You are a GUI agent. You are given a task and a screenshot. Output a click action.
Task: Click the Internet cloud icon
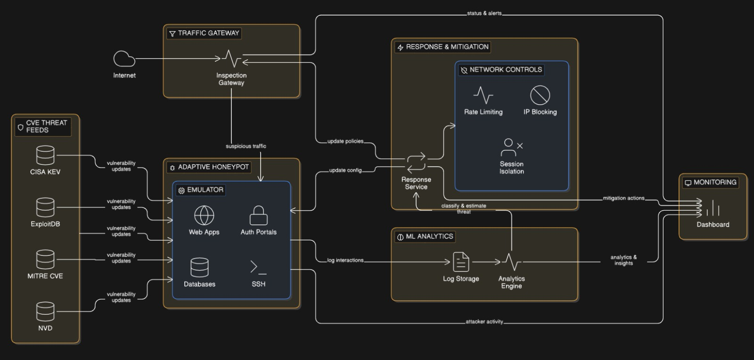pyautogui.click(x=124, y=59)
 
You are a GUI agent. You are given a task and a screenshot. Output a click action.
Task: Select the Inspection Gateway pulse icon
pyautogui.click(x=231, y=59)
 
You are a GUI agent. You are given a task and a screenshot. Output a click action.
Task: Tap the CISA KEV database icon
pyautogui.click(x=45, y=155)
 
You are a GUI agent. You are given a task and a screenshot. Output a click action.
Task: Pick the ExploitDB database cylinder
pyautogui.click(x=45, y=207)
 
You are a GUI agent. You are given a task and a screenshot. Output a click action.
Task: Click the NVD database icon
pyautogui.click(x=45, y=311)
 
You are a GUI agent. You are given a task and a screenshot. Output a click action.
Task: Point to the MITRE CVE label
pyautogui.click(x=45, y=276)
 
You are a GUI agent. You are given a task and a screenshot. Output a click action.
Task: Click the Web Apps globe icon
pyautogui.click(x=204, y=215)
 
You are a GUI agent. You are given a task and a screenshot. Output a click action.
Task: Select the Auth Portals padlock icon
pyautogui.click(x=258, y=215)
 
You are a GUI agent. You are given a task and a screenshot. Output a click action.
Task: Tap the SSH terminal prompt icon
pyautogui.click(x=258, y=267)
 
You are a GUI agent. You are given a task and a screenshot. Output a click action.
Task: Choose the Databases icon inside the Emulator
pyautogui.click(x=199, y=267)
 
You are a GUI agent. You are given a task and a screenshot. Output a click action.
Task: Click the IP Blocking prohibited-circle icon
pyautogui.click(x=540, y=95)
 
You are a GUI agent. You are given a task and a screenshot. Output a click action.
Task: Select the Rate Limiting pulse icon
pyautogui.click(x=483, y=95)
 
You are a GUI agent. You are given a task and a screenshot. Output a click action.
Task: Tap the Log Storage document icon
pyautogui.click(x=461, y=262)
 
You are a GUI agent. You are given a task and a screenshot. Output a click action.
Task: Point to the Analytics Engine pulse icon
pyautogui.click(x=511, y=262)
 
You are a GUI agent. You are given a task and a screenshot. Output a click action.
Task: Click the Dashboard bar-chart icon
pyautogui.click(x=713, y=208)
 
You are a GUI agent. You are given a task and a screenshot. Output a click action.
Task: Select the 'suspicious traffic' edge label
pyautogui.click(x=246, y=146)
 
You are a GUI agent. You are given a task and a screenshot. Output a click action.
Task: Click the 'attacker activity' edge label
pyautogui.click(x=484, y=322)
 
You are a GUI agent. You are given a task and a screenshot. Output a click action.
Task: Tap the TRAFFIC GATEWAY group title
pyautogui.click(x=208, y=33)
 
